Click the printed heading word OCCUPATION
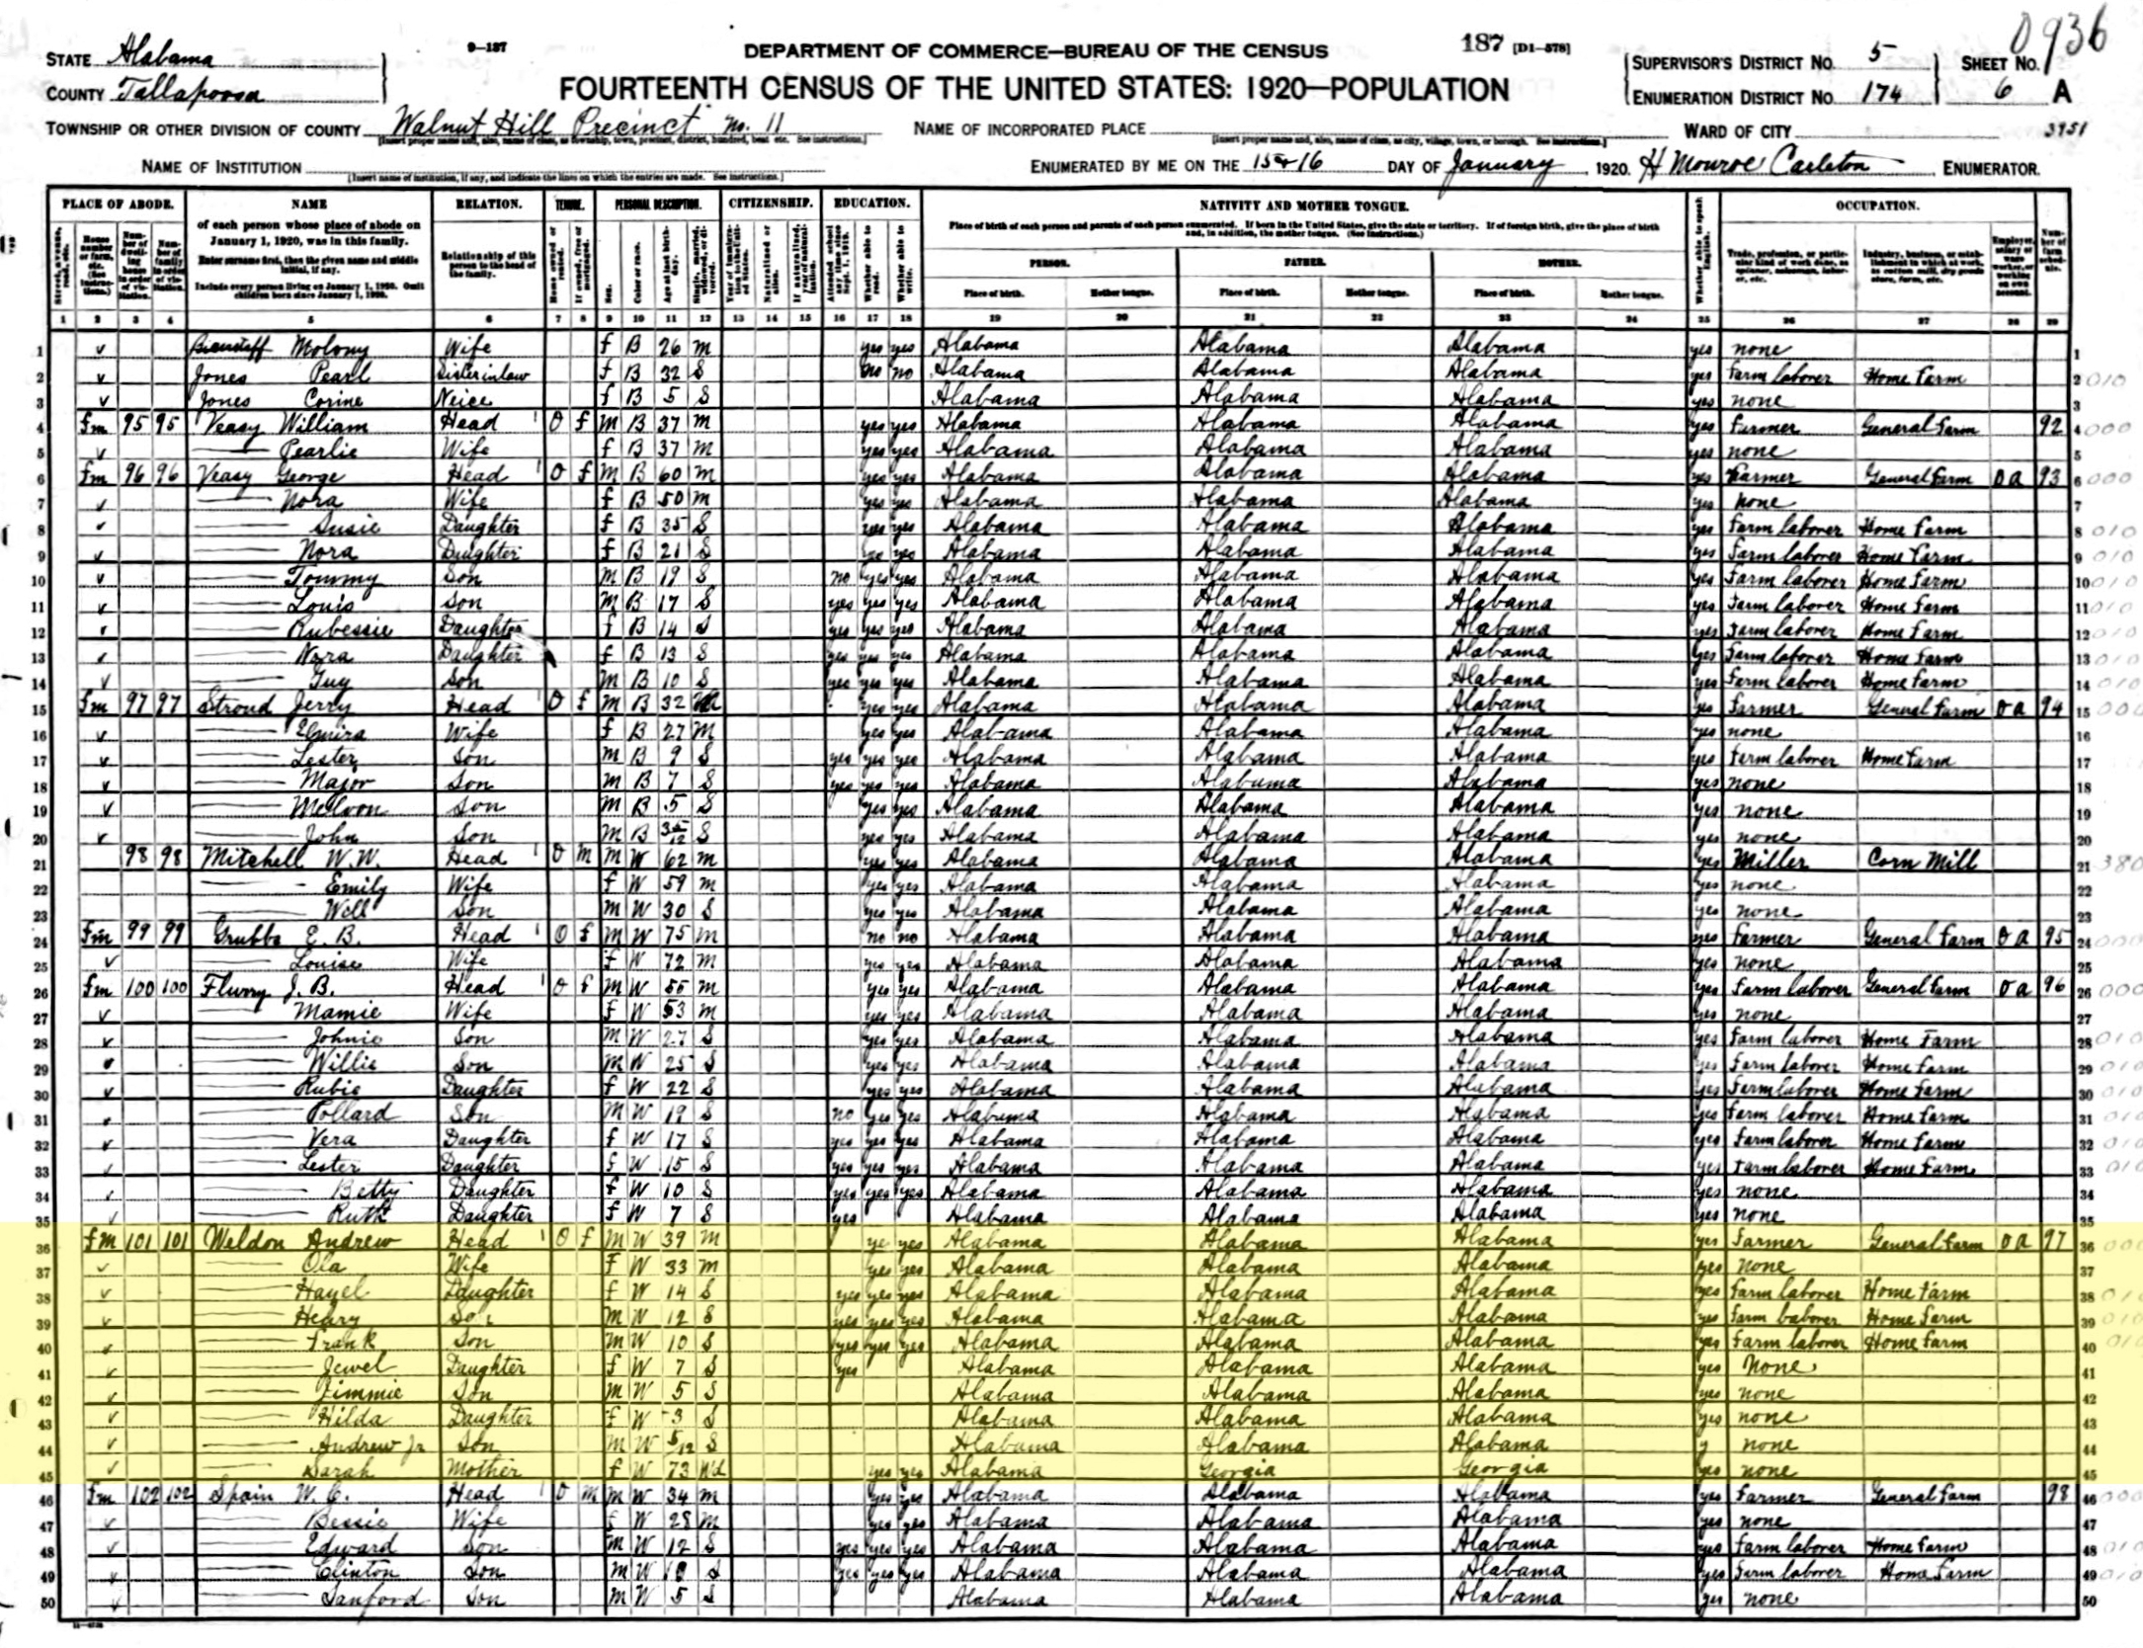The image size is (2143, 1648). tap(1876, 206)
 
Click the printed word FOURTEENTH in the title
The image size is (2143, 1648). tap(659, 91)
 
